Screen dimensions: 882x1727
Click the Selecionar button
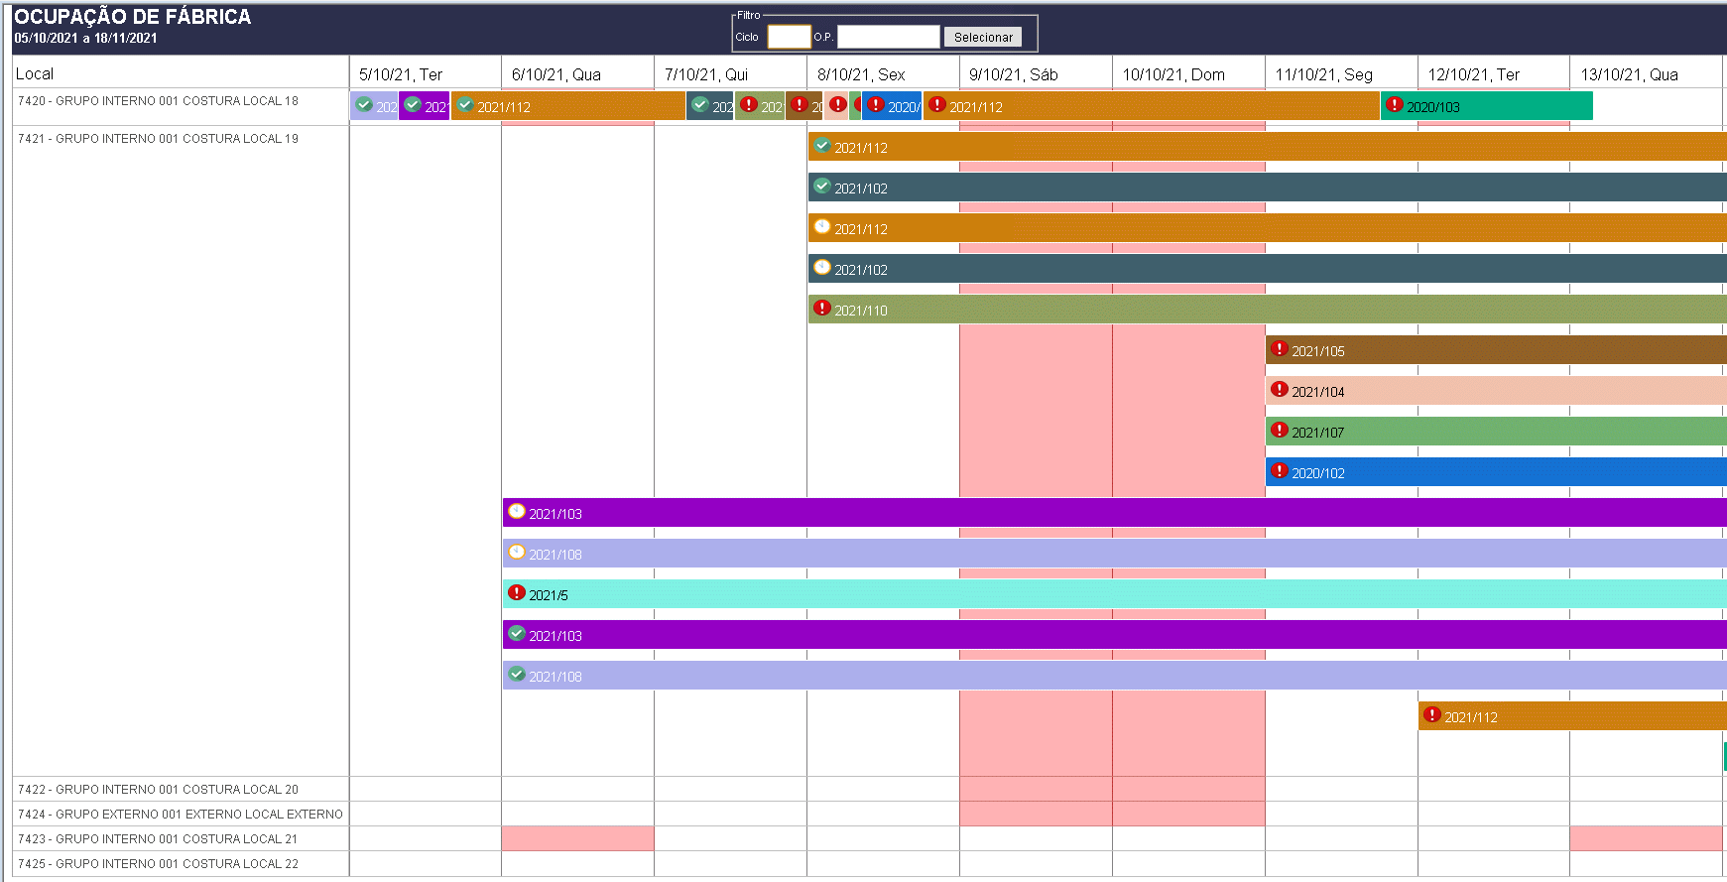(x=982, y=38)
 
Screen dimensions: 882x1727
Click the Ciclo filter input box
(x=789, y=38)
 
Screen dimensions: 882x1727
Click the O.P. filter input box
(x=888, y=38)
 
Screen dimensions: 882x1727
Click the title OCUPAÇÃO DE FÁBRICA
(x=132, y=17)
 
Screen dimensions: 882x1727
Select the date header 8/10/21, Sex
(x=860, y=74)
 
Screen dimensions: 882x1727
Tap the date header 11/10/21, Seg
(x=1323, y=74)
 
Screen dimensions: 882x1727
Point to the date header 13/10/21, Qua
(x=1629, y=74)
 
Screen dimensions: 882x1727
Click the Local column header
(x=35, y=73)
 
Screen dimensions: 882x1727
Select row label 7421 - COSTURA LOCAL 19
(x=158, y=139)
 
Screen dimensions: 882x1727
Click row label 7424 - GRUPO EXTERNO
(x=180, y=815)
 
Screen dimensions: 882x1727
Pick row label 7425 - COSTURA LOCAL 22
(x=158, y=864)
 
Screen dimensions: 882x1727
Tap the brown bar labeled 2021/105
(x=1488, y=351)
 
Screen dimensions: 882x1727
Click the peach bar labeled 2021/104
(x=1488, y=392)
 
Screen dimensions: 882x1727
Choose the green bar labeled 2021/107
(x=1488, y=433)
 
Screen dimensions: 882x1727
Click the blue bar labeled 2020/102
(x=1488, y=473)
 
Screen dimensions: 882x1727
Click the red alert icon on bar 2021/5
(x=517, y=593)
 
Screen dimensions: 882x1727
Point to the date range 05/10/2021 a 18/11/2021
(x=85, y=39)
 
